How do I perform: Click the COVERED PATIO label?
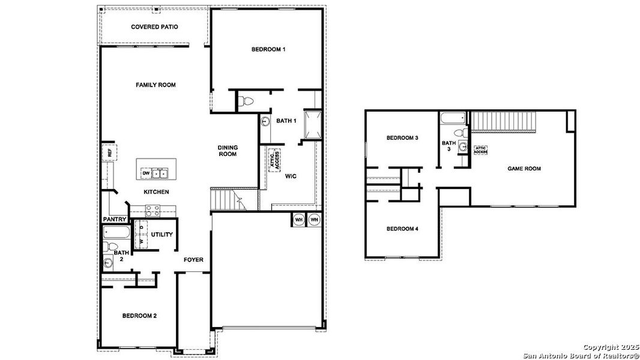pos(154,27)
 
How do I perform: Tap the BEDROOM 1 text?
pos(268,49)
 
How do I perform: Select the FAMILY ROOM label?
pos(155,85)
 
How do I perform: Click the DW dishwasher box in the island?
pos(146,173)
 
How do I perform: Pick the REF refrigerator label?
pos(109,153)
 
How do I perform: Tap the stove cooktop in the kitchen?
pos(152,210)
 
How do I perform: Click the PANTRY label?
pos(114,220)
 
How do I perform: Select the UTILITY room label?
pos(162,235)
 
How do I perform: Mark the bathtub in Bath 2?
pos(116,232)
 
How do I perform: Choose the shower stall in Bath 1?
pos(312,124)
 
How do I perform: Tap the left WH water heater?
pos(298,220)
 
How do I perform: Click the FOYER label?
pos(193,260)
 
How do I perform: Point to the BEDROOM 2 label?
pos(140,316)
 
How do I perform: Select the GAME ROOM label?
pos(524,169)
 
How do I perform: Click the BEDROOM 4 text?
pos(402,229)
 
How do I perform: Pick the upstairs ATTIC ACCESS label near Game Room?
pos(480,150)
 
